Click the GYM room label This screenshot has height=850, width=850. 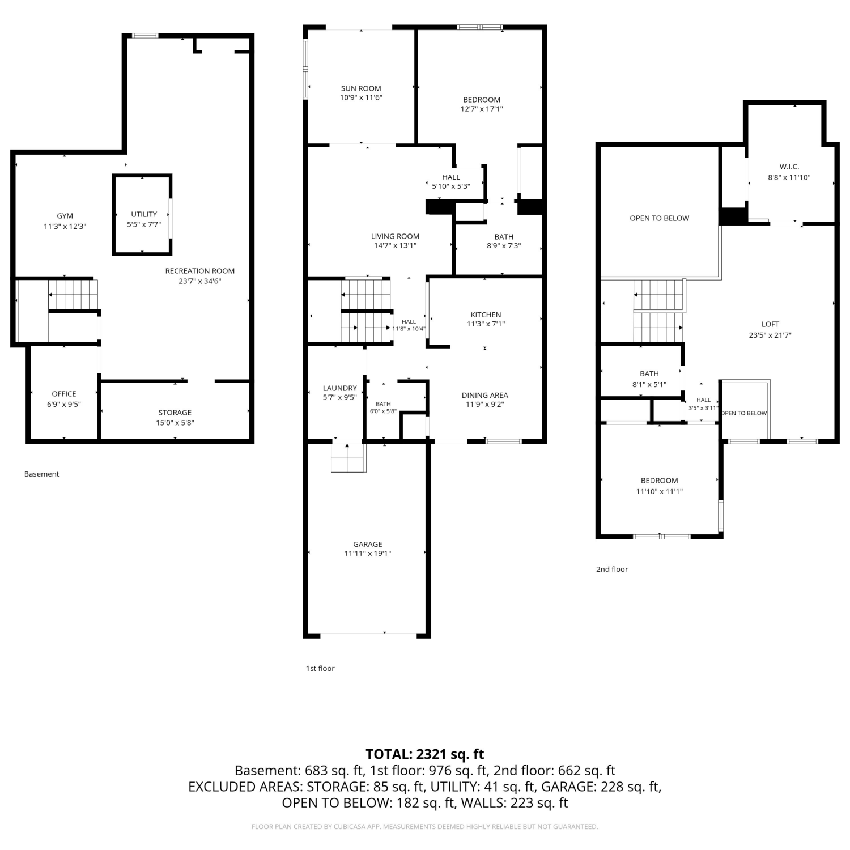[65, 216]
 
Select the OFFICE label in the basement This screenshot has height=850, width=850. [64, 394]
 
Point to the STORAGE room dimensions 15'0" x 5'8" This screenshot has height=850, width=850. [175, 423]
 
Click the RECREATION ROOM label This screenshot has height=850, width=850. [200, 271]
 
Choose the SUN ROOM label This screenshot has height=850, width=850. [361, 88]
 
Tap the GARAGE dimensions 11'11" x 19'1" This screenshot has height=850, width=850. [368, 554]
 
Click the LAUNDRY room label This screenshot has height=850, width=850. [340, 388]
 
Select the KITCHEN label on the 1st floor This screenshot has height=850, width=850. [486, 314]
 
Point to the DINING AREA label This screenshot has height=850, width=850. [484, 395]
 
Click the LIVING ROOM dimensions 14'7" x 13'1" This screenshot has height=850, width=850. [395, 246]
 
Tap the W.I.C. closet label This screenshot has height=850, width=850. [789, 167]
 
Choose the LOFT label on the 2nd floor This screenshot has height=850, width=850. [770, 324]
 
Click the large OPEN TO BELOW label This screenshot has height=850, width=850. [660, 218]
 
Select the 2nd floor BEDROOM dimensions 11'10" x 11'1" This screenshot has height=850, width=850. [660, 492]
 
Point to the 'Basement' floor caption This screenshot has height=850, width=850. [41, 474]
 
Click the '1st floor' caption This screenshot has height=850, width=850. [320, 669]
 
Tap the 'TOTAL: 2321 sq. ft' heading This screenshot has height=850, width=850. [425, 754]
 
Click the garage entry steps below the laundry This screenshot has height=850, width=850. [348, 457]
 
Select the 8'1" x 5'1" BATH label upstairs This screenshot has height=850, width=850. [649, 374]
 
